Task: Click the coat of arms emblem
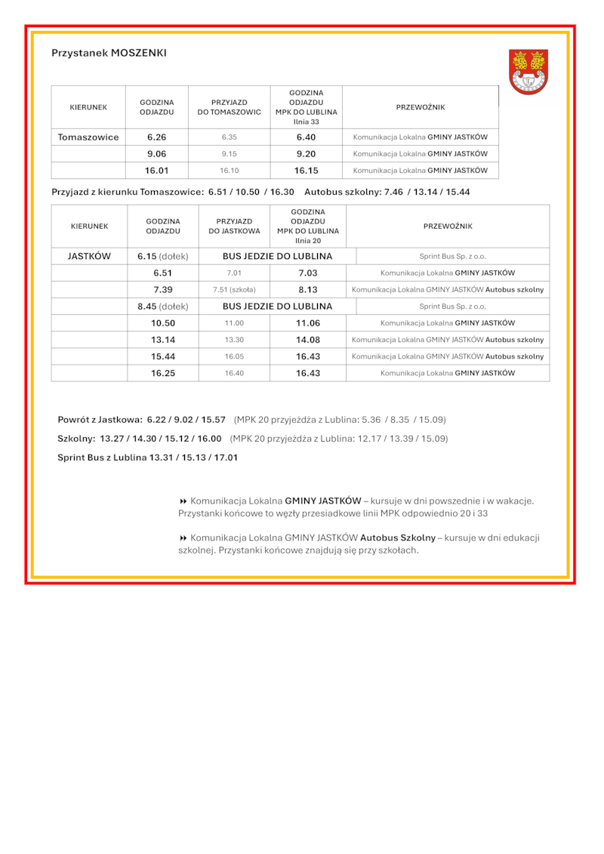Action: [528, 72]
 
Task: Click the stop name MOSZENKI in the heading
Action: [139, 53]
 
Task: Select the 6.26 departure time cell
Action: [156, 137]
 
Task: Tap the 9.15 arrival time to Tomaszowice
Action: [230, 154]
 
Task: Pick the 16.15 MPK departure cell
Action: [306, 171]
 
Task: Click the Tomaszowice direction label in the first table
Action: [88, 137]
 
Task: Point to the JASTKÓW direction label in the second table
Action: [89, 256]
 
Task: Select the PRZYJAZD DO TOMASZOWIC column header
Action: [230, 107]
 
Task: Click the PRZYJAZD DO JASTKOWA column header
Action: [234, 227]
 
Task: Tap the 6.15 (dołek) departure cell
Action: [163, 256]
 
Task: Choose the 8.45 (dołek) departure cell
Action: [163, 307]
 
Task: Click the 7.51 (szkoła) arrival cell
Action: [234, 290]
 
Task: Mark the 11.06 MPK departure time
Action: [308, 323]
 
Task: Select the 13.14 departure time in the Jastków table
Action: [163, 340]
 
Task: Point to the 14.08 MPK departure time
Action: [308, 340]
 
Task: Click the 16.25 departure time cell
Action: [163, 373]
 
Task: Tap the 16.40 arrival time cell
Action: [234, 373]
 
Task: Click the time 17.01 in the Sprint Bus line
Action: [226, 458]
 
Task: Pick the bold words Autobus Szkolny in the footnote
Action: [398, 538]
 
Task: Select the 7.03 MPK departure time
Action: [308, 273]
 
